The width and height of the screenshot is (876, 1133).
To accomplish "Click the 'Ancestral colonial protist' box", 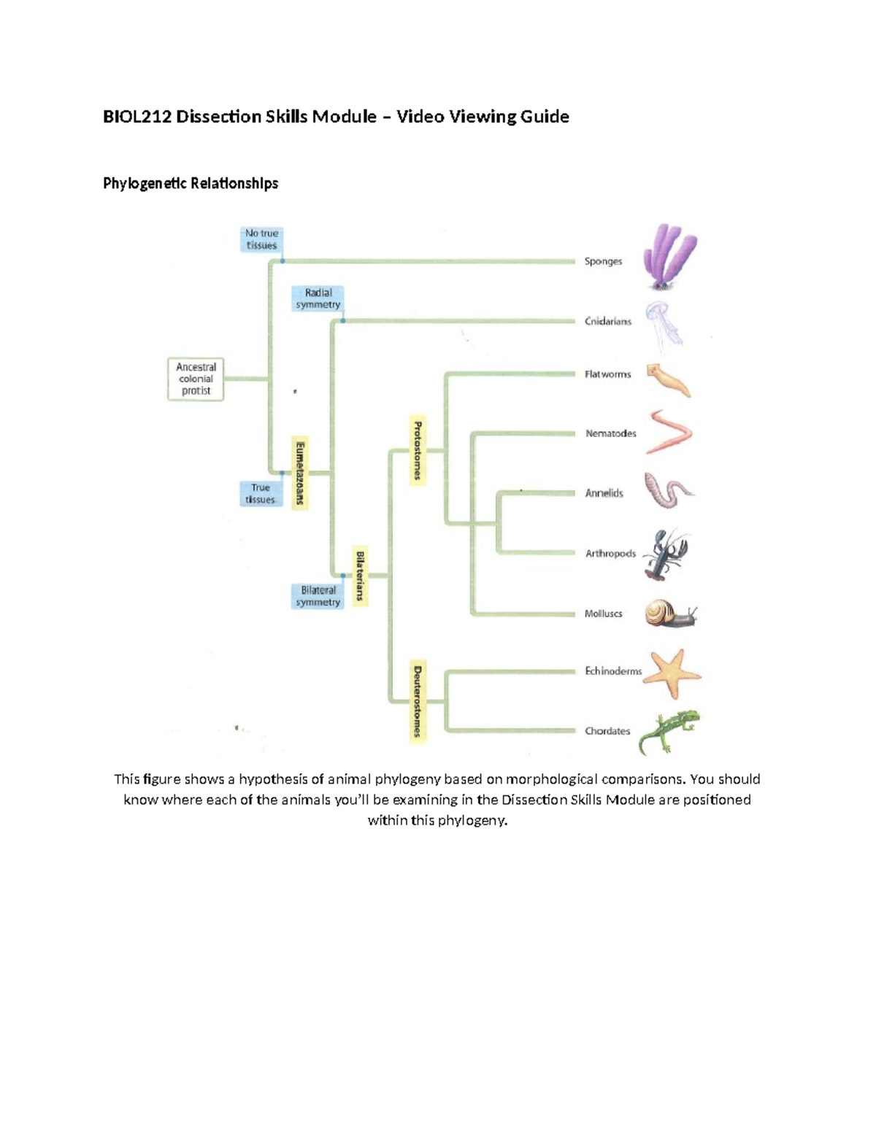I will (196, 379).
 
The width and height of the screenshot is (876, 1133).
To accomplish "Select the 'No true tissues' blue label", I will (261, 239).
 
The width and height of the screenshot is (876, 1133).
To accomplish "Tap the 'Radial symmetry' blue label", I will (318, 298).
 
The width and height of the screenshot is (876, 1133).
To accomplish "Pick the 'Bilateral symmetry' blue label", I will (318, 596).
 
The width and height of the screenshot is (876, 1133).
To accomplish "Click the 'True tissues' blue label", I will (260, 493).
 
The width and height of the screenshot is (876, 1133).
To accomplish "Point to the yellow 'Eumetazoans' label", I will (299, 472).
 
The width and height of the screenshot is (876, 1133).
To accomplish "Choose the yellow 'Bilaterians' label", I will (360, 576).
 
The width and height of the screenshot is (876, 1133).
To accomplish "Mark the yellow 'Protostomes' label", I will (418, 450).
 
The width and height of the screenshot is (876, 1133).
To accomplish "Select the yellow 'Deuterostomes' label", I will (418, 700).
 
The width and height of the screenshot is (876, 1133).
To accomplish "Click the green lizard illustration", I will (669, 731).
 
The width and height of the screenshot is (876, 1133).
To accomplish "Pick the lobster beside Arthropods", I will (666, 554).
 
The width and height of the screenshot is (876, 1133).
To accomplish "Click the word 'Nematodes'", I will (610, 433).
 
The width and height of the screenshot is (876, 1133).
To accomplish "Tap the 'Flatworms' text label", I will (607, 374).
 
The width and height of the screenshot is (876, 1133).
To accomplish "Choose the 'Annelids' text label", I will (604, 493).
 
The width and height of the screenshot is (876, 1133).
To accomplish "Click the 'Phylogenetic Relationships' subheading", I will (191, 183).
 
